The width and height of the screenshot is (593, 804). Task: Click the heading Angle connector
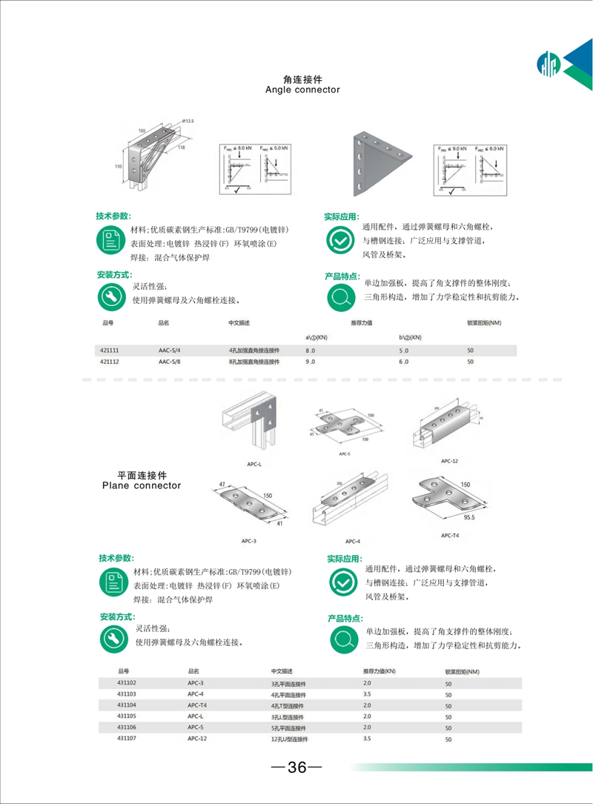click(302, 90)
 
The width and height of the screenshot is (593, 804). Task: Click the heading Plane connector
click(140, 486)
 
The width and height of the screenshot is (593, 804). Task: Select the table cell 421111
click(108, 350)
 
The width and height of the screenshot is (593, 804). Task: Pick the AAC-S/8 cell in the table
click(169, 362)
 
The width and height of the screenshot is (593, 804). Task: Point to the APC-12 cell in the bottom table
click(196, 738)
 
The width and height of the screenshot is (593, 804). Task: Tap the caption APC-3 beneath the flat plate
click(248, 541)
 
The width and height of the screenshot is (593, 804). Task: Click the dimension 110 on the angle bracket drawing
click(118, 167)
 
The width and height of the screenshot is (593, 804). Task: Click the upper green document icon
click(111, 239)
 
